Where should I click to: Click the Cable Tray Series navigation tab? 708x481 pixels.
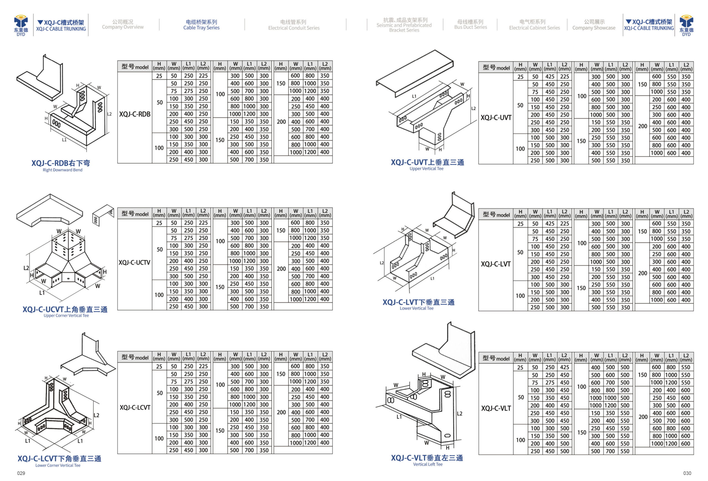pyautogui.click(x=201, y=25)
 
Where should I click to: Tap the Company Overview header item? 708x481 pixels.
pyautogui.click(x=123, y=24)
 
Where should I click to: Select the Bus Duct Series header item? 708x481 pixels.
pyautogui.click(x=470, y=24)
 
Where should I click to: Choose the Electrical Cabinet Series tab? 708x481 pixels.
pyautogui.click(x=534, y=25)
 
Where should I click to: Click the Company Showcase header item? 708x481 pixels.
pyautogui.click(x=594, y=25)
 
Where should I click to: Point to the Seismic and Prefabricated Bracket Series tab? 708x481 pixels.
pyautogui.click(x=404, y=25)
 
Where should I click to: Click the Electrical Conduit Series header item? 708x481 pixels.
pyautogui.click(x=294, y=25)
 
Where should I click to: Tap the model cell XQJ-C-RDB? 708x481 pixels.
pyautogui.click(x=135, y=114)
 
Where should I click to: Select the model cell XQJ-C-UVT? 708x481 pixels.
pyautogui.click(x=496, y=117)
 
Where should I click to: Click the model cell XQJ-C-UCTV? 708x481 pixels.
pyautogui.click(x=134, y=262)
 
